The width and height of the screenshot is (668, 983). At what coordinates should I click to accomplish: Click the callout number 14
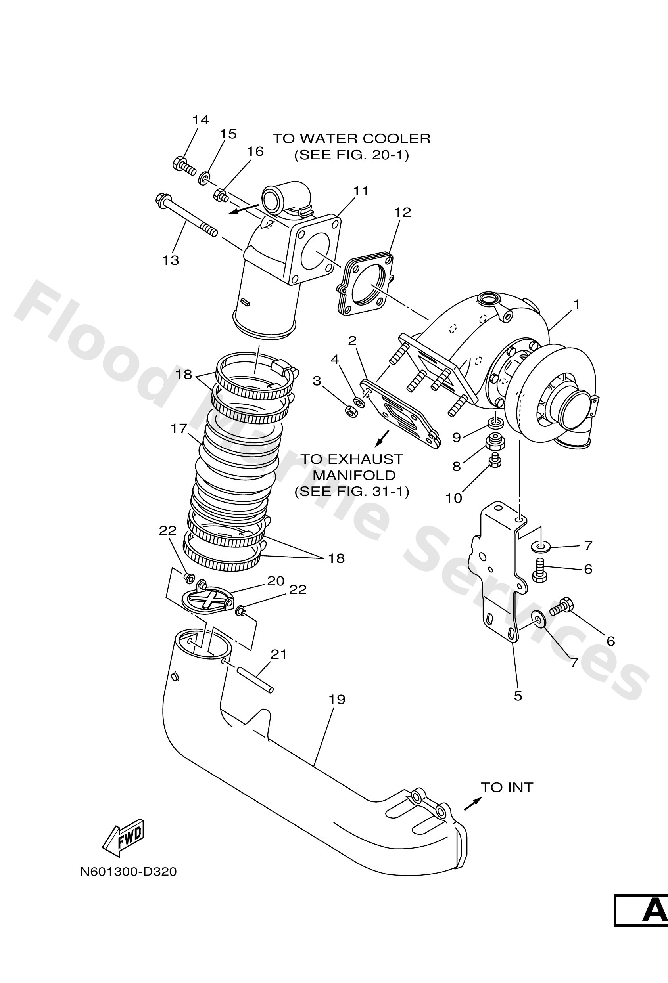[201, 120]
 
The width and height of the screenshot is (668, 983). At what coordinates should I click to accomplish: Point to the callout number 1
[576, 304]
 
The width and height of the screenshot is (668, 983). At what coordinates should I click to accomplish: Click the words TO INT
[506, 787]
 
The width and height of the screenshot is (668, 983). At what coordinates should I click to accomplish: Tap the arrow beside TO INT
[472, 804]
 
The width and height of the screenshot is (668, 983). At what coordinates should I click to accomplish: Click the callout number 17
[179, 428]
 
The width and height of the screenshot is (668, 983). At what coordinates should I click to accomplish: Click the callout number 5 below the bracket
[518, 696]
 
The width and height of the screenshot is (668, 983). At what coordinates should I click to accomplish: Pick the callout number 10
[453, 498]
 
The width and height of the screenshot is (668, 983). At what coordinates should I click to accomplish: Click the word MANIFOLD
[354, 475]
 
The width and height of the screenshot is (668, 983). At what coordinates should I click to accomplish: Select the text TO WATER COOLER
[351, 138]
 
